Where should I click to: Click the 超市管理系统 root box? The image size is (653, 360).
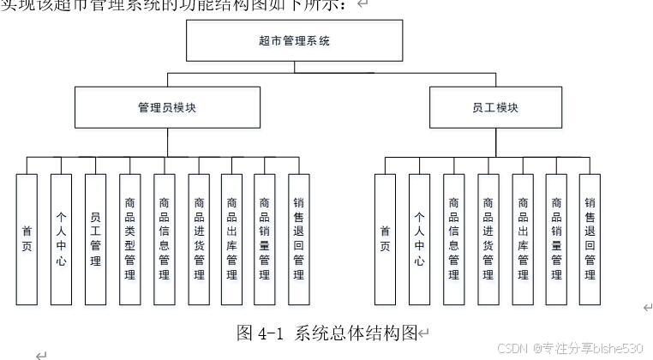(x=294, y=40)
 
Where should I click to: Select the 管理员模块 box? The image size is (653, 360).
(x=167, y=108)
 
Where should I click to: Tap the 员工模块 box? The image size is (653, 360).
(x=495, y=108)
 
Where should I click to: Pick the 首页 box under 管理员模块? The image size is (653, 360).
(x=27, y=239)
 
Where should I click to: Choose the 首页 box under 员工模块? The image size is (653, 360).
(x=385, y=239)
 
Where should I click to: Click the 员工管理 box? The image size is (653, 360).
(x=95, y=239)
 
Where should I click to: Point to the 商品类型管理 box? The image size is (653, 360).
(x=129, y=239)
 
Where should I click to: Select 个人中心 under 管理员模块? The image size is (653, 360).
(x=61, y=239)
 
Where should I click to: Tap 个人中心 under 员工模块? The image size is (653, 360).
(x=419, y=239)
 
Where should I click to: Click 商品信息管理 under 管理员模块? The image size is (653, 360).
(x=164, y=239)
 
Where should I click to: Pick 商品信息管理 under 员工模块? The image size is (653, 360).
(x=453, y=239)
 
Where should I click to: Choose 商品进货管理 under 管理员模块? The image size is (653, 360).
(x=199, y=239)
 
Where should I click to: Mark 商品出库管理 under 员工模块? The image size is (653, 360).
(x=523, y=239)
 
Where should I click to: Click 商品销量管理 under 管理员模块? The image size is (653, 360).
(x=265, y=239)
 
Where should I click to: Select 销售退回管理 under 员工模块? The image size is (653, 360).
(x=590, y=239)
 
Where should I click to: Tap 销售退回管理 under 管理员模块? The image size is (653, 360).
(x=298, y=239)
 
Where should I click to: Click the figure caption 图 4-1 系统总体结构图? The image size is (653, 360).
(x=327, y=333)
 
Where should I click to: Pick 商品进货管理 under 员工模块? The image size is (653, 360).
(x=488, y=239)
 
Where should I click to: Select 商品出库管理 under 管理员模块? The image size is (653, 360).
(x=231, y=239)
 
